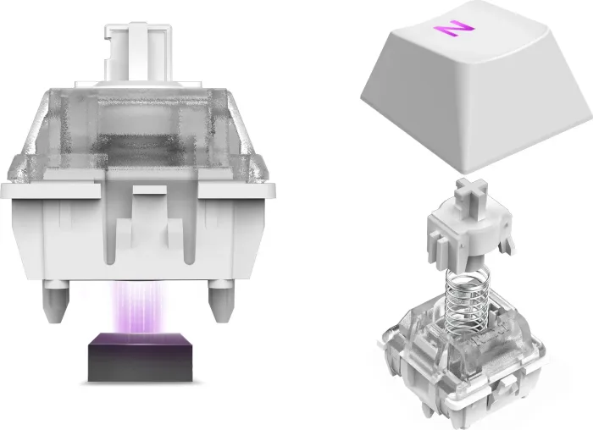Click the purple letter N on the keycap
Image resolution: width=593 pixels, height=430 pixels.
[x=453, y=29]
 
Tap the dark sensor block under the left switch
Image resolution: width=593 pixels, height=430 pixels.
[x=141, y=356]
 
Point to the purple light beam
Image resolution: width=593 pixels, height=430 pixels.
[x=138, y=306]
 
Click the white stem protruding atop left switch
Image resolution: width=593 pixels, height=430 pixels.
[x=138, y=52]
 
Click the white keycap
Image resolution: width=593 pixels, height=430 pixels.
[x=477, y=87]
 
